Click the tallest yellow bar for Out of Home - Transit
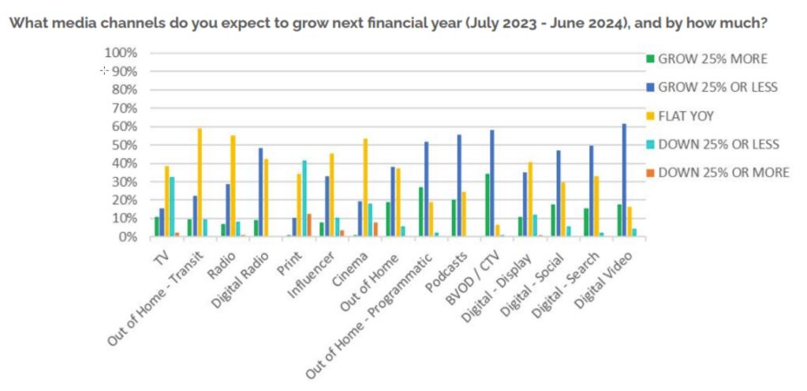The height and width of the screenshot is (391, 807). (200, 182)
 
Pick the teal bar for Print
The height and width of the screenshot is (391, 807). (304, 198)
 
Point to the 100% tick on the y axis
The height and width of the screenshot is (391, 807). (121, 53)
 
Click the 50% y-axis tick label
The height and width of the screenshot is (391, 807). (124, 145)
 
